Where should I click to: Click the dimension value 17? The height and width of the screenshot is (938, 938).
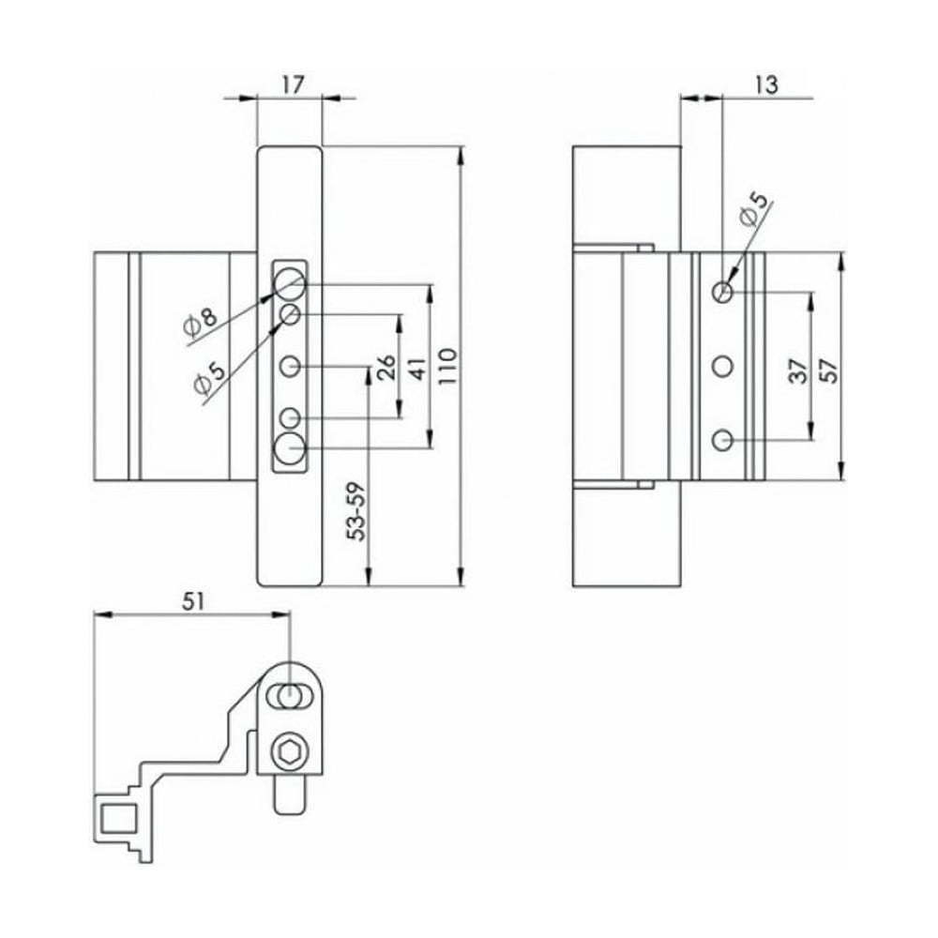[293, 85]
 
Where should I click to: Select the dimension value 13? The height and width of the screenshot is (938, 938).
[765, 85]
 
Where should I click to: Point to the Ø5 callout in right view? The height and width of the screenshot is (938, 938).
[752, 209]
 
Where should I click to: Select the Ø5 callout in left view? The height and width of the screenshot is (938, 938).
[208, 378]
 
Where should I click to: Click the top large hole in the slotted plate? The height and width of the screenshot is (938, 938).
[290, 281]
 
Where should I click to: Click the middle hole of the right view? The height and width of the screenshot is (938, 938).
[722, 366]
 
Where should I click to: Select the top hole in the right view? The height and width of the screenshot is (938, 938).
[722, 292]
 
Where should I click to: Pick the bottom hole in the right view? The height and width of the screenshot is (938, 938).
[722, 439]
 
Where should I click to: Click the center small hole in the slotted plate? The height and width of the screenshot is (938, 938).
[291, 365]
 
